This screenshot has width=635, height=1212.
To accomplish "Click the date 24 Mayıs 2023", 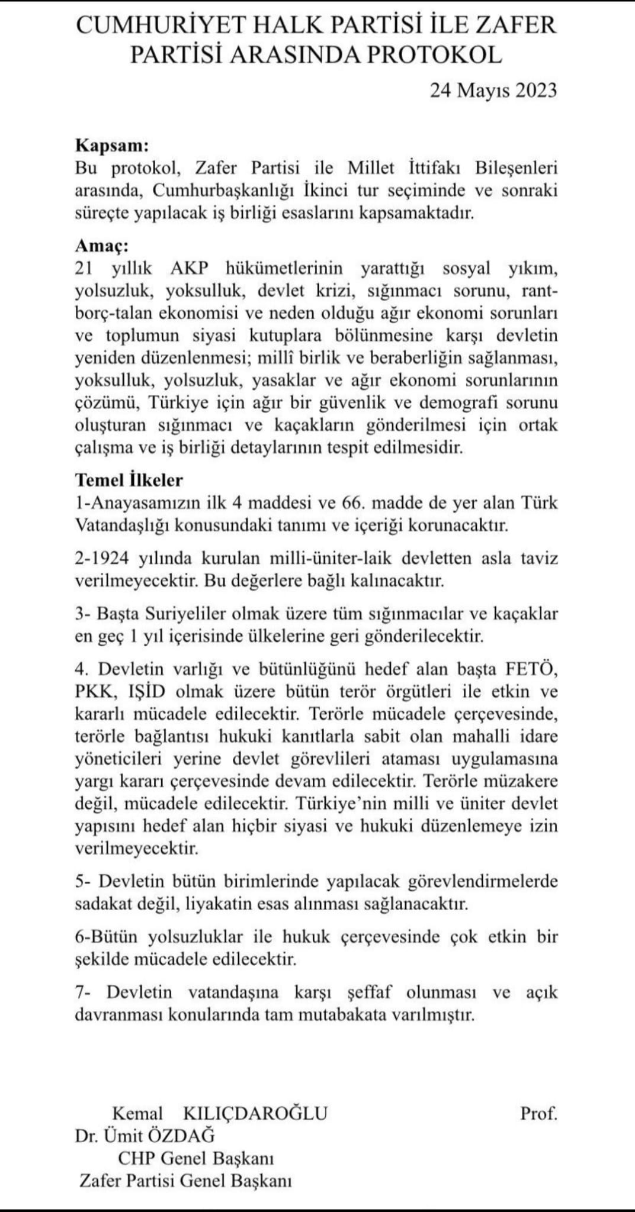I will tap(493, 90).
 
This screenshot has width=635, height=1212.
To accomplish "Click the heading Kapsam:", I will tap(112, 146).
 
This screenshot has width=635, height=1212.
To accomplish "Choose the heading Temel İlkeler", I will tap(129, 479).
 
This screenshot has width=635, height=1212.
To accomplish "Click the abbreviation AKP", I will tap(190, 268).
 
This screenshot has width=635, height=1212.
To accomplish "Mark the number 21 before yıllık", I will tap(85, 268).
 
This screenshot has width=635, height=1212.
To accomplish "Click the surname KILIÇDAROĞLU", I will tap(256, 1113).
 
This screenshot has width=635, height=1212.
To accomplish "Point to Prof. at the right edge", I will tap(538, 1113).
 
